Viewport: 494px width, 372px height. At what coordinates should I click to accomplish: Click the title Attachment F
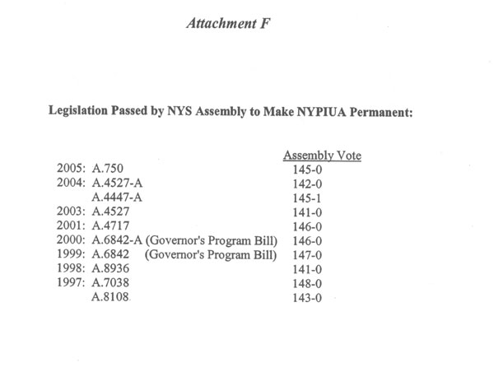(224, 25)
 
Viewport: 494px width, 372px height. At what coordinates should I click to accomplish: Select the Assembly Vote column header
(322, 155)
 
